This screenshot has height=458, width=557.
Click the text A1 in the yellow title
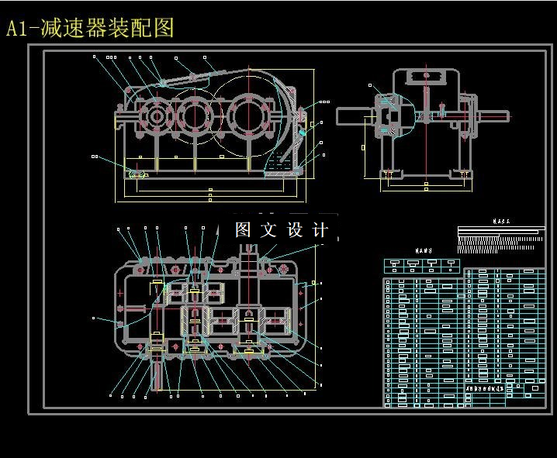pyautogui.click(x=18, y=29)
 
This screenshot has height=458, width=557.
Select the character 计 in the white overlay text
pyautogui.click(x=320, y=230)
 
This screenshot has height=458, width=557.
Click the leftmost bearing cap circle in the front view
pyautogui.click(x=156, y=119)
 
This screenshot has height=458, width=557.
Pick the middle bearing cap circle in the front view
pyautogui.click(x=196, y=118)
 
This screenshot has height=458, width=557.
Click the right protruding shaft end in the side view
pyautogui.click(x=494, y=117)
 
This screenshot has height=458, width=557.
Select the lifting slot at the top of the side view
pyautogui.click(x=426, y=75)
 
